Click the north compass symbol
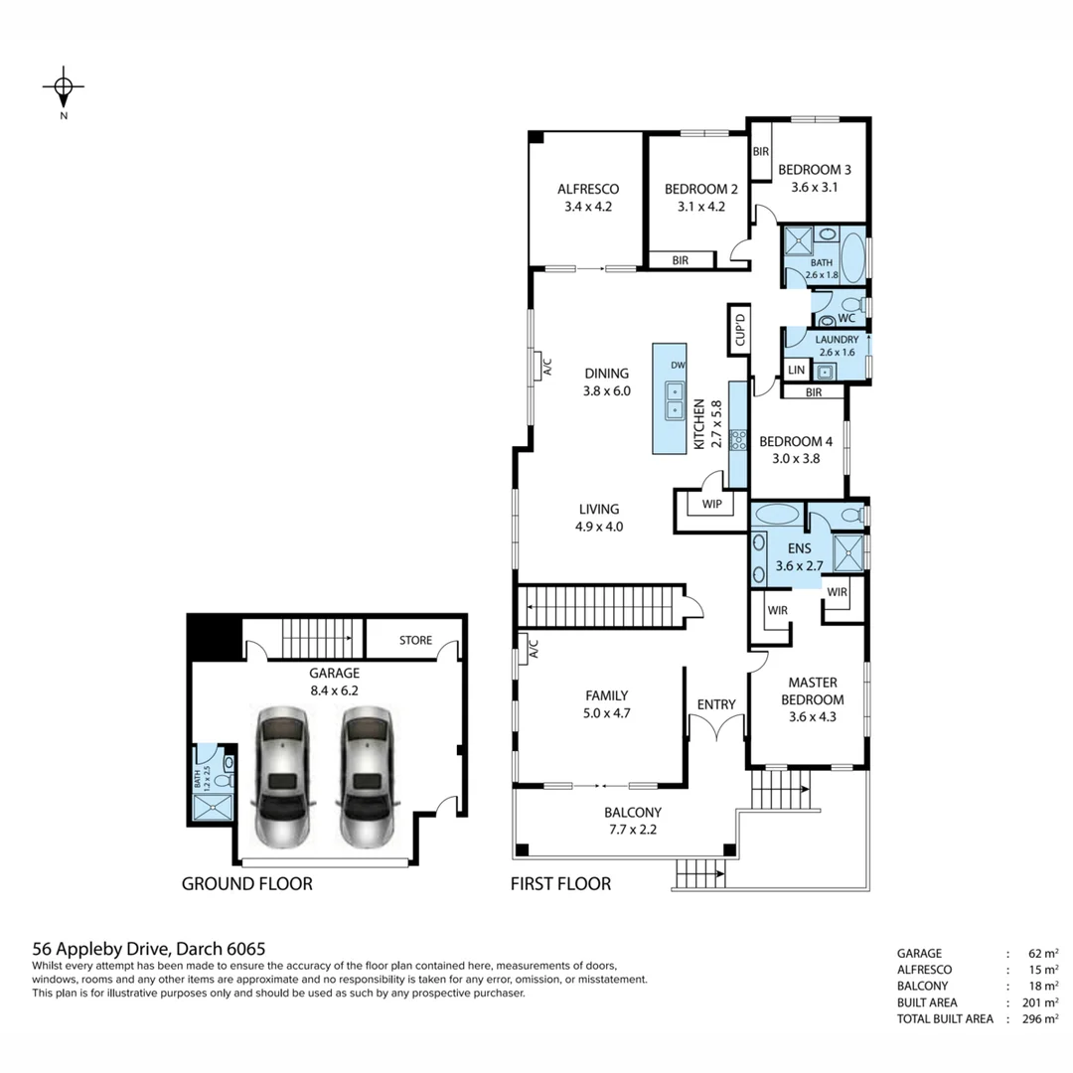tap(64, 88)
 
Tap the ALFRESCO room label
tap(588, 188)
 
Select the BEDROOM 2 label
tap(700, 188)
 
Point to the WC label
tap(845, 318)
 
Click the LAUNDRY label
tap(838, 339)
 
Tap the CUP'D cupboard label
tap(739, 329)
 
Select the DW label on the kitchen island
tap(677, 364)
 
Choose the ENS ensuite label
tap(800, 547)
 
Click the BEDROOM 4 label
tap(795, 441)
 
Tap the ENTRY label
tap(716, 704)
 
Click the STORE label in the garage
tap(415, 640)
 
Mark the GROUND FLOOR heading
tap(246, 883)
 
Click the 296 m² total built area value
tap(1036, 1018)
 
